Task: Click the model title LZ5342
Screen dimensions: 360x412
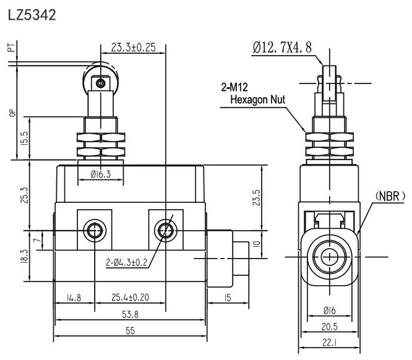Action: [x=32, y=14]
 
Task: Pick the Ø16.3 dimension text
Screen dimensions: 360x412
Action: [x=100, y=175]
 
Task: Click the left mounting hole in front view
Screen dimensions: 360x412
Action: [x=94, y=231]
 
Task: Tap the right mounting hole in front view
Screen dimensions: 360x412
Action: [x=165, y=231]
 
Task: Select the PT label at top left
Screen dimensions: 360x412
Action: [x=11, y=49]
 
